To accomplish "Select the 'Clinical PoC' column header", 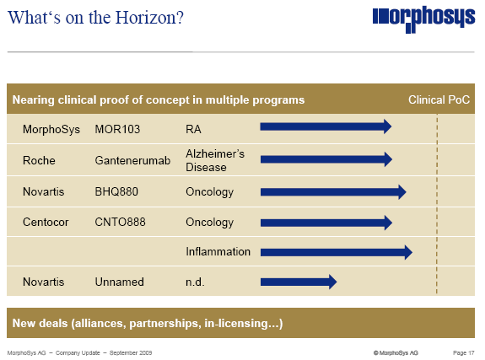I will (x=439, y=99).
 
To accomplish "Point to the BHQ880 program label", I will (x=117, y=192).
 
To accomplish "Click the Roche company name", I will (x=39, y=160).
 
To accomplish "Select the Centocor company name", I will (x=46, y=223).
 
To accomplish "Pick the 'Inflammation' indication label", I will (x=218, y=251).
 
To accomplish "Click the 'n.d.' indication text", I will (x=195, y=282).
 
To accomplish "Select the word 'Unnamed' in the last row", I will (x=119, y=282).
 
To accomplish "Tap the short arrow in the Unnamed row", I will (x=298, y=282).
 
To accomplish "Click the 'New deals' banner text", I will (x=147, y=324).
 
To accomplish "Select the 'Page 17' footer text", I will (x=465, y=351).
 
